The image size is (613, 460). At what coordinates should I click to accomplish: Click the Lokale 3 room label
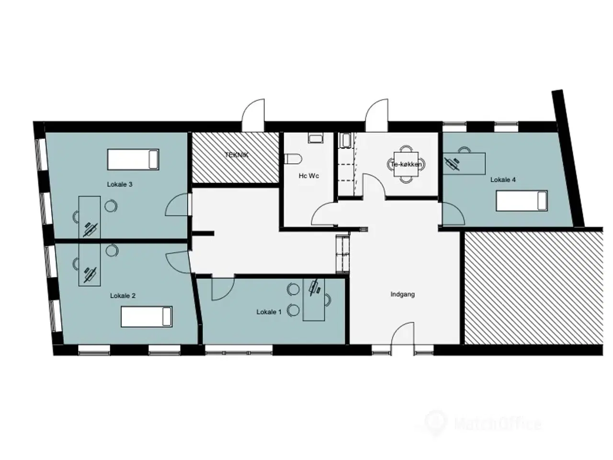point(120,184)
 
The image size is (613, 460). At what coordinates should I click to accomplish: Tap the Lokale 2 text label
point(123,296)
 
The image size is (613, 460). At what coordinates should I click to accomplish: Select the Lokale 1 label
point(269,312)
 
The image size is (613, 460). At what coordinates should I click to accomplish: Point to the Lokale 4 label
point(503,180)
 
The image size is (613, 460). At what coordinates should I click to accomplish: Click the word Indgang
point(402,294)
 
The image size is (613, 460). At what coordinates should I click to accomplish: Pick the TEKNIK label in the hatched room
point(237,155)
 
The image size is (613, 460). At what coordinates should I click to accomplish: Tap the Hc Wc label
point(308,176)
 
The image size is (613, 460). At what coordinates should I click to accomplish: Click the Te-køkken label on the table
point(406,164)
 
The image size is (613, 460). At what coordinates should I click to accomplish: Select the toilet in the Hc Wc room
point(293,159)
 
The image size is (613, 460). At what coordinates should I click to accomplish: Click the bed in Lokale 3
point(133,159)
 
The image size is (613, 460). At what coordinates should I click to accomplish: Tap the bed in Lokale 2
point(147,316)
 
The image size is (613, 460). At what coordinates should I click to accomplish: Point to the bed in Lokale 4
point(522,201)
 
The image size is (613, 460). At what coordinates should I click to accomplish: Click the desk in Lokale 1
point(314,299)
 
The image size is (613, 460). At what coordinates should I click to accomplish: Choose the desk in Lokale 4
point(464,163)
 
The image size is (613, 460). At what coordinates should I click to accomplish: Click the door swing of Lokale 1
point(223,287)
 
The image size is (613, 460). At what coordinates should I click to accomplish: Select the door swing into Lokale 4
point(453,214)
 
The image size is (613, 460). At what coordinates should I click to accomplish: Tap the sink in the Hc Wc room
point(316,138)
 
